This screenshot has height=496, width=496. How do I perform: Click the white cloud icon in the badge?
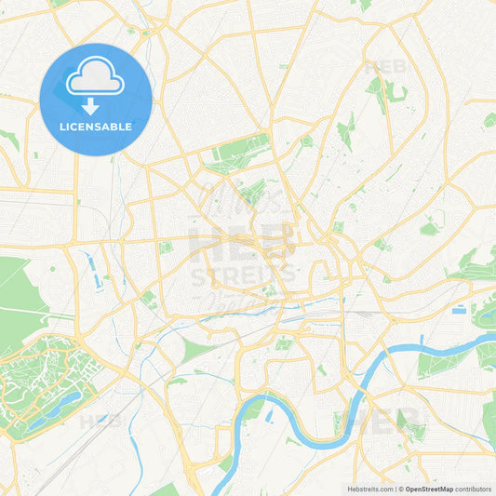95,78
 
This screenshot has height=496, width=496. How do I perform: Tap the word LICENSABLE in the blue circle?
95,126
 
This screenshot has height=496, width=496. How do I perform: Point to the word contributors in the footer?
474,488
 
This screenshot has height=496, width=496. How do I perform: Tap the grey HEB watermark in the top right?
385,67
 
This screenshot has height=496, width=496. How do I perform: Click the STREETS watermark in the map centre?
243,275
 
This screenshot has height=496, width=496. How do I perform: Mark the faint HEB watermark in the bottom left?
101,422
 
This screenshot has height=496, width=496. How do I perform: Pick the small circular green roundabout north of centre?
306,141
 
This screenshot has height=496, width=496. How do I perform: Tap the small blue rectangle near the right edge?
458,309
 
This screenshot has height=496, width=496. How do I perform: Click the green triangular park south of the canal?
196,351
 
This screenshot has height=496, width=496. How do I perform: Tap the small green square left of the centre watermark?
166,248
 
